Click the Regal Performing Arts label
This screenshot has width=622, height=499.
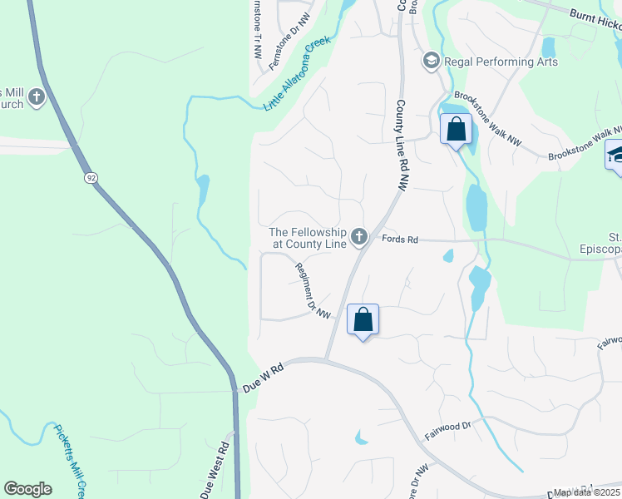pyautogui.click(x=501, y=62)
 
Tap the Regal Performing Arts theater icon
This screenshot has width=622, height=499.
pyautogui.click(x=431, y=61)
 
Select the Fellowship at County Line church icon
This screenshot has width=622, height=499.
pyautogui.click(x=359, y=239)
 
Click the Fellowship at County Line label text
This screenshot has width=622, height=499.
pyautogui.click(x=307, y=239)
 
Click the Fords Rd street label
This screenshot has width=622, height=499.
pyautogui.click(x=398, y=240)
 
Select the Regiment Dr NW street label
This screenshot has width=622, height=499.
pyautogui.click(x=313, y=289)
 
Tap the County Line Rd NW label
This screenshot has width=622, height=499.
pyautogui.click(x=401, y=146)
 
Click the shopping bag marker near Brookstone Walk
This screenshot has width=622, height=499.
pyautogui.click(x=456, y=130)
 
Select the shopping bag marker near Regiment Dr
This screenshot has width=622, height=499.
pyautogui.click(x=363, y=319)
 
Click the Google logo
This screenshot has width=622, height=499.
pyautogui.click(x=27, y=488)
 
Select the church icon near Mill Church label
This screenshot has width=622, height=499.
pyautogui.click(x=37, y=98)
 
